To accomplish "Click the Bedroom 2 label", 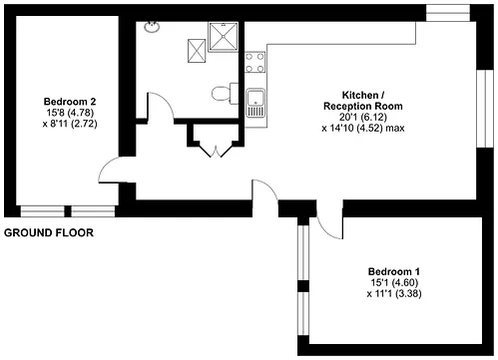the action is click(x=70, y=101).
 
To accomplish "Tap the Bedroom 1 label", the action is click(x=394, y=271).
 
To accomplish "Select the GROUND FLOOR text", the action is click(x=49, y=232).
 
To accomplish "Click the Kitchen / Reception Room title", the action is click(x=363, y=101).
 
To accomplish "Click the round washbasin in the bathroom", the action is click(x=152, y=27).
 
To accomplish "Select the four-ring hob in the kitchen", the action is click(x=255, y=62).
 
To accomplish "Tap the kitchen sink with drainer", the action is click(x=255, y=103).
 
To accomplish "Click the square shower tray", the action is click(x=224, y=36).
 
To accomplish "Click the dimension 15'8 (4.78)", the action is click(x=70, y=113).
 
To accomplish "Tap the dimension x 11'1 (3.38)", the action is click(x=394, y=294).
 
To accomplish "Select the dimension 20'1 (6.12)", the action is click(x=363, y=117).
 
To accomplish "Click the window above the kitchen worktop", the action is click(x=448, y=13).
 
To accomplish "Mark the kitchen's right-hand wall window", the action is click(x=485, y=109).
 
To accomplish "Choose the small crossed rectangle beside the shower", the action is click(x=197, y=51).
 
